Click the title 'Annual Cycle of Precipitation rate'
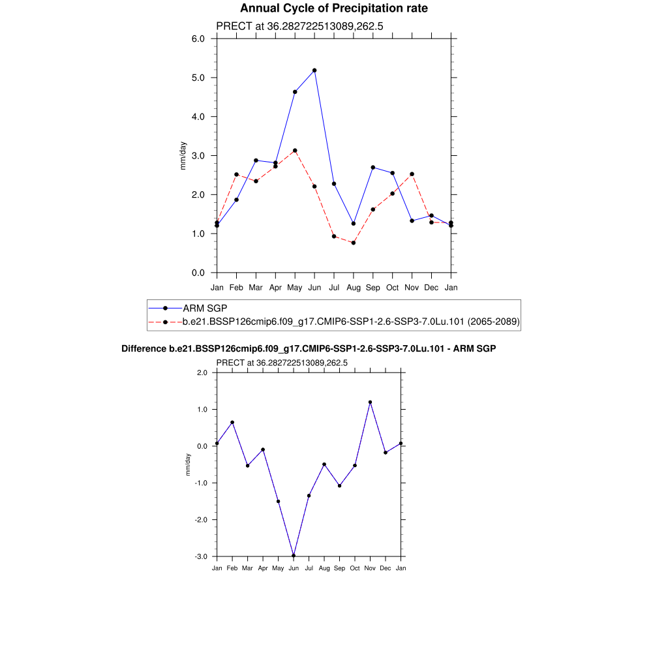(333, 8)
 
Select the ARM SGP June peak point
(314, 70)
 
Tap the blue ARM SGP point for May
(295, 92)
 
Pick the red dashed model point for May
(295, 151)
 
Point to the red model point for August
(354, 243)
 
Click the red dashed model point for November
(412, 174)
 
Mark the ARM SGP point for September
(373, 168)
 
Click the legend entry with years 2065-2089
(351, 322)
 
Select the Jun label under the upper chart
(314, 287)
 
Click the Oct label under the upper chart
(393, 287)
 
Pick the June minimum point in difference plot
(294, 555)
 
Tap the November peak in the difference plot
(370, 402)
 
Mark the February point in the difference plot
(232, 422)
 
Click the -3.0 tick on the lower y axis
(202, 557)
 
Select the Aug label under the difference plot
(324, 568)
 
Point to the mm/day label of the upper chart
(183, 155)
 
